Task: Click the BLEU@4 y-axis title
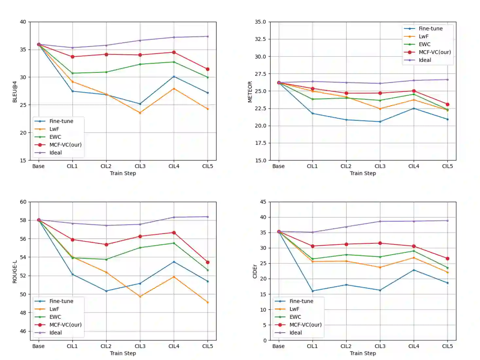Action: pos(15,92)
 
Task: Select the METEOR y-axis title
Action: pos(250,92)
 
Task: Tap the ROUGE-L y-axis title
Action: pos(15,272)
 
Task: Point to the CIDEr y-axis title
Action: pos(255,272)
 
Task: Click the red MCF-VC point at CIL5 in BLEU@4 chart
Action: pos(207,69)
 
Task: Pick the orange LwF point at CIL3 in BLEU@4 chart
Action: pos(140,113)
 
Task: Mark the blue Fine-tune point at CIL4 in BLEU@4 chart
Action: pos(174,77)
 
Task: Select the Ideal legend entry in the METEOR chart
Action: pos(425,60)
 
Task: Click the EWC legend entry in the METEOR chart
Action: pos(424,44)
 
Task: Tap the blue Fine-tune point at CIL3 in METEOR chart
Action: pos(380,122)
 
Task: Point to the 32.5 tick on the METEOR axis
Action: pos(260,39)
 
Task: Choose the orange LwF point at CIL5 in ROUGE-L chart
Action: pos(207,302)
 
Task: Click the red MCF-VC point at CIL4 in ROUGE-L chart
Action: pos(174,233)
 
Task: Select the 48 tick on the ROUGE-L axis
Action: pos(23,313)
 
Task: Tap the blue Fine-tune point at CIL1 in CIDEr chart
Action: pos(312,291)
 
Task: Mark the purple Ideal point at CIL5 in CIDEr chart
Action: pos(448,221)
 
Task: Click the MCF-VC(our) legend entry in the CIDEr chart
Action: pos(305,325)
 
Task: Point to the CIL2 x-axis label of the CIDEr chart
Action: pos(346,346)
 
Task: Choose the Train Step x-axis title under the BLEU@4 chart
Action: pos(123,173)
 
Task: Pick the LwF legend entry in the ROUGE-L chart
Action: pos(54,309)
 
